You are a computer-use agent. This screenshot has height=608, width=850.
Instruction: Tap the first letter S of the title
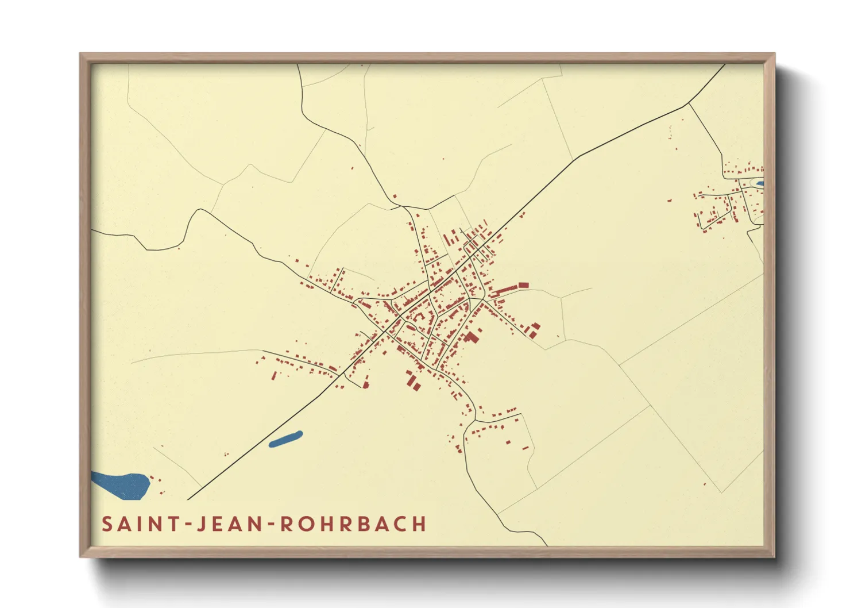point(107,524)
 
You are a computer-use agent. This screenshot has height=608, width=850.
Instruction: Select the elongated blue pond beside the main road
point(285,439)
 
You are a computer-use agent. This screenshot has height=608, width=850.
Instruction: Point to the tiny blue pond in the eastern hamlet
point(760,184)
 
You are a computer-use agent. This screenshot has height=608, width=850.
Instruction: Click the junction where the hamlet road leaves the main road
point(688,105)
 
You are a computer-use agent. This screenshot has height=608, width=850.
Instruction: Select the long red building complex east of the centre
point(508,288)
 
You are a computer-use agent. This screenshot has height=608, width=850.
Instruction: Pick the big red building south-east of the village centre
point(472,337)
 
